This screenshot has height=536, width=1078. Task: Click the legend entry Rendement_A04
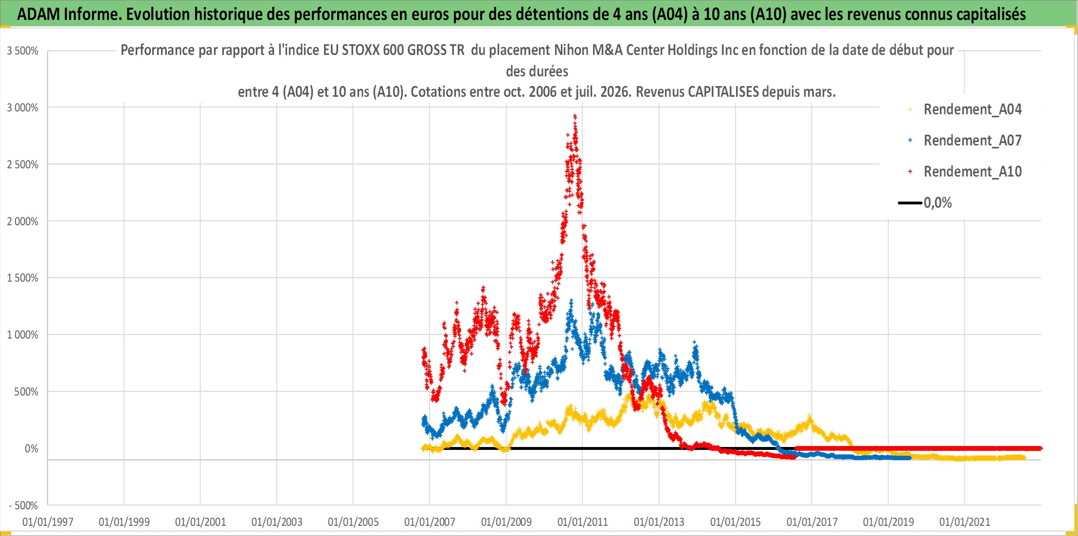click(972, 109)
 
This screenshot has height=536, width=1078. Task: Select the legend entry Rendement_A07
click(972, 141)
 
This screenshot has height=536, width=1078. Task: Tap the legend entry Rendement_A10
click(972, 172)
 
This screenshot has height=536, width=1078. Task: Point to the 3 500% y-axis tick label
click(22, 51)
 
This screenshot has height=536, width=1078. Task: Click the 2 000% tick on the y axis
click(22, 221)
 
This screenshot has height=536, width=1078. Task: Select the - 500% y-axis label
click(23, 505)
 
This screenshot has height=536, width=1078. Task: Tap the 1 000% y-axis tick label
click(22, 335)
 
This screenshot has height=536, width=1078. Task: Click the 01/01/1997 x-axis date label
click(48, 522)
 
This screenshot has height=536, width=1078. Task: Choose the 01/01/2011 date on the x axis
click(583, 522)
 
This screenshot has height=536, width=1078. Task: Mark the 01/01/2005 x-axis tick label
click(353, 522)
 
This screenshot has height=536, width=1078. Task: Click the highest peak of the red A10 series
click(575, 116)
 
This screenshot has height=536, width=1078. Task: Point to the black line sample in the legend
click(910, 203)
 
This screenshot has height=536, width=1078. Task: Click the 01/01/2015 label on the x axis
click(736, 522)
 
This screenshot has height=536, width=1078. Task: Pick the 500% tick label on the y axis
click(26, 392)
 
